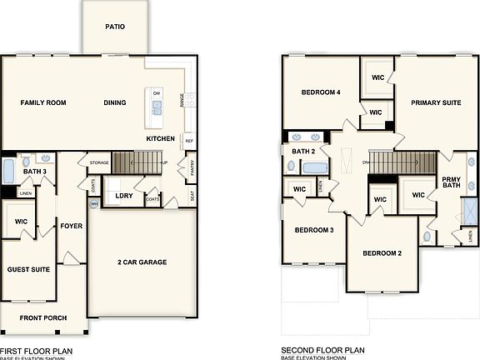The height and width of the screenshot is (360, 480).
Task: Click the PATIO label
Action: [x=115, y=27]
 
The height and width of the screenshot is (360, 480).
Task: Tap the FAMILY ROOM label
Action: [x=43, y=102]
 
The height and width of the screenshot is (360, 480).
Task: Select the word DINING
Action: [x=115, y=102]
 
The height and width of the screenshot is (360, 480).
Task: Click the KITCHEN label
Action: [x=160, y=137]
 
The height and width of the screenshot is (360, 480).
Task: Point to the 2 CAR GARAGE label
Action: [x=142, y=262]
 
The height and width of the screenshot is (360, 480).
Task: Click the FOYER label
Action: [x=71, y=226]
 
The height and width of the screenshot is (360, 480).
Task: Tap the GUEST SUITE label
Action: [x=28, y=269]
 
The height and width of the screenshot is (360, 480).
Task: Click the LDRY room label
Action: [x=124, y=196]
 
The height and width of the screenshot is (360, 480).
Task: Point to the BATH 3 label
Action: [x=34, y=171]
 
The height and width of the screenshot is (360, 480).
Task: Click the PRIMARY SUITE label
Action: [x=436, y=102]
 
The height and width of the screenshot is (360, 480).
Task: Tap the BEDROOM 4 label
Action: [x=321, y=92]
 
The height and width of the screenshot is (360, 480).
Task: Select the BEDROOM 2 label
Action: [x=382, y=252]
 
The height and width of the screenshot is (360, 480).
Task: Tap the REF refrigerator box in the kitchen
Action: [x=188, y=141]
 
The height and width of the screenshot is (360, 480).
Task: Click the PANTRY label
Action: [x=192, y=170]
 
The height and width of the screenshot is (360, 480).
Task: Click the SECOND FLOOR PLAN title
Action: [x=322, y=351]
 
